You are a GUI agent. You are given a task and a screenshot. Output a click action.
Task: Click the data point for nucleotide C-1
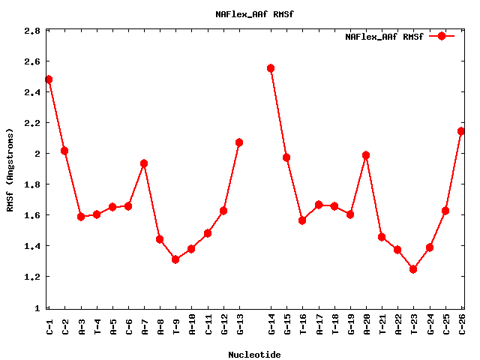click(x=49, y=79)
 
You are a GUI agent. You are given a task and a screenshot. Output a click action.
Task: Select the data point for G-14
click(x=271, y=68)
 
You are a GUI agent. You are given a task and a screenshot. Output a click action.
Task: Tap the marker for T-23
click(x=413, y=269)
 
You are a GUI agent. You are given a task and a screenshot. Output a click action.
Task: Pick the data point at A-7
click(x=144, y=163)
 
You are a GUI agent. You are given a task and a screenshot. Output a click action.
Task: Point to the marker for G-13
click(x=239, y=142)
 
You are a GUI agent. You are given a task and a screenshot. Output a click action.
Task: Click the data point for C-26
click(x=461, y=131)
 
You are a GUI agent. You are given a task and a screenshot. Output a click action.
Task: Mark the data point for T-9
click(x=175, y=259)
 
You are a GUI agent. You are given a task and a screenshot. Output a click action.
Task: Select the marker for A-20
click(x=366, y=155)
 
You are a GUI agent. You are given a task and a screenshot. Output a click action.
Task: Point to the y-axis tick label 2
click(x=37, y=154)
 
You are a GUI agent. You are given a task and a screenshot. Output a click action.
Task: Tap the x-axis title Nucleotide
click(x=254, y=355)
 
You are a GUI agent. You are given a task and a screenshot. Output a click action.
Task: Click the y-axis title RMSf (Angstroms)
click(x=10, y=171)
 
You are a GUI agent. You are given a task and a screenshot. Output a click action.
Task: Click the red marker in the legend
click(x=442, y=36)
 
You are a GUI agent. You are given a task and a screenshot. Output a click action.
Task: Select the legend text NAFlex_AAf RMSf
click(x=384, y=37)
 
